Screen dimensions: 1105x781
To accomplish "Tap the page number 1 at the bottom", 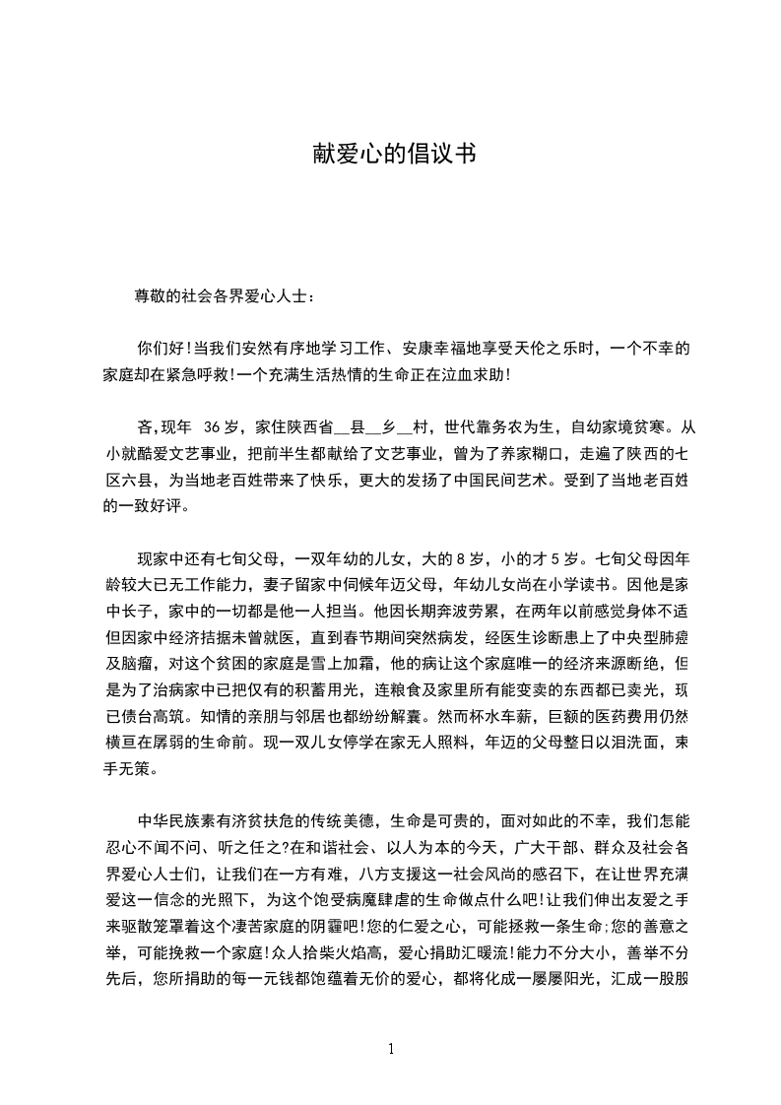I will pos(391,1048).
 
